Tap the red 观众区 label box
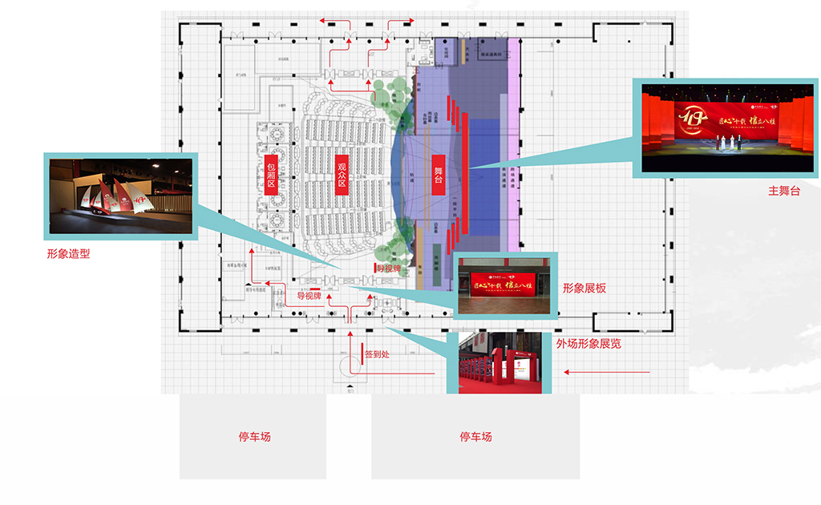[x=342, y=174]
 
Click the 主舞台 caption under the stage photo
[x=784, y=191]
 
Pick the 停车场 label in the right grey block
[x=475, y=437]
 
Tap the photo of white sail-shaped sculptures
[x=121, y=196]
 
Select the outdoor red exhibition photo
[x=500, y=362]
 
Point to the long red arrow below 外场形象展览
[x=606, y=372]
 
